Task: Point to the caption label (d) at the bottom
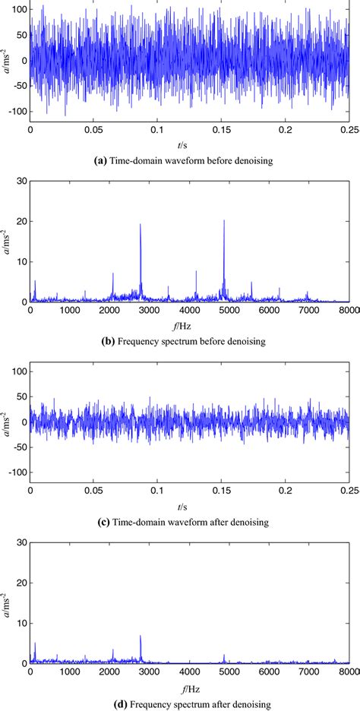(x=113, y=703)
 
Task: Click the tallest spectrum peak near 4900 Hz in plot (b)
(x=224, y=221)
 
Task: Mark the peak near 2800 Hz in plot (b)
(x=141, y=224)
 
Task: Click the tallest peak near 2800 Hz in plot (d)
(x=141, y=637)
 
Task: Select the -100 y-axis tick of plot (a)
(x=16, y=112)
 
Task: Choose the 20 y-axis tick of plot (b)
(x=21, y=221)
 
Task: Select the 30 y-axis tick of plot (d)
(x=21, y=542)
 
